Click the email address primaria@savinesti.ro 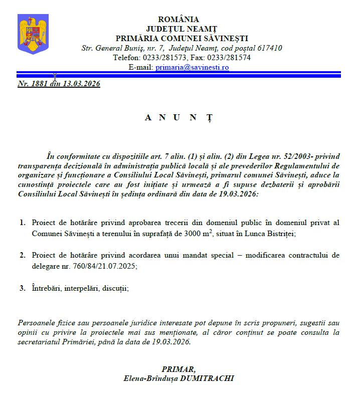coord(192,67)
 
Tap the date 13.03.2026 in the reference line coord(81,84)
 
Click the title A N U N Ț coord(178,118)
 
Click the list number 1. coord(23,222)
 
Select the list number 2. coord(23,255)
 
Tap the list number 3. coord(23,288)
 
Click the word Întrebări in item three coord(48,288)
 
